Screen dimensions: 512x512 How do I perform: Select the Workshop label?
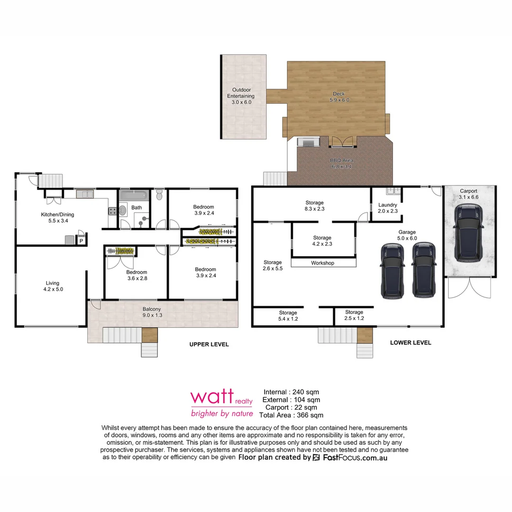click(322, 263)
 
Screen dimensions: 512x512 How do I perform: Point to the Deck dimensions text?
click(339, 100)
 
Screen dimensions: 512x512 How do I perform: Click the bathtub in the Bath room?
click(134, 196)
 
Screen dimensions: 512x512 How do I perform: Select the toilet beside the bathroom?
click(159, 195)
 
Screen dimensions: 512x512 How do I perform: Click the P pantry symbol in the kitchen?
click(81, 241)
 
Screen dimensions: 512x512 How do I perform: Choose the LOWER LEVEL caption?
click(410, 343)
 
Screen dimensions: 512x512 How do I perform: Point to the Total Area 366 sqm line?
click(291, 415)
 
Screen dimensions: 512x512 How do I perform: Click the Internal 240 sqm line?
click(291, 392)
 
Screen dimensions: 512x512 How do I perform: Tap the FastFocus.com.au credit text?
click(355, 458)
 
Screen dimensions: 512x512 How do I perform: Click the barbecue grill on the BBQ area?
click(307, 142)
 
